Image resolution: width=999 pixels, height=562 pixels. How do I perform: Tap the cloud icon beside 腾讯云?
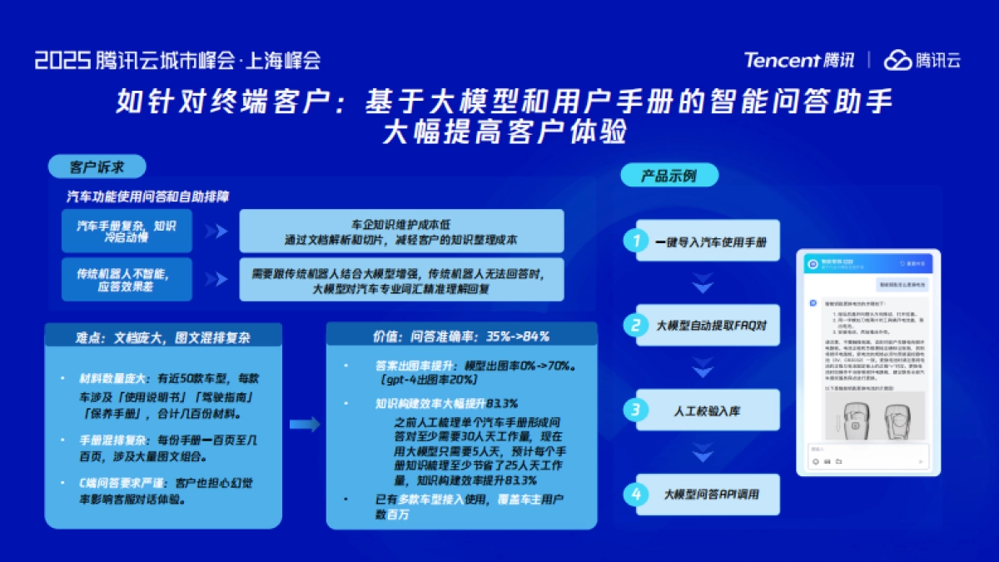point(897,60)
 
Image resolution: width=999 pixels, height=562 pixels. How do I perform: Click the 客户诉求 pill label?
point(97,167)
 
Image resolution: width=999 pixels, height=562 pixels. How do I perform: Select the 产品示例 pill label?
point(668,176)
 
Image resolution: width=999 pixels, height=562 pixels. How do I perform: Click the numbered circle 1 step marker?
point(637,241)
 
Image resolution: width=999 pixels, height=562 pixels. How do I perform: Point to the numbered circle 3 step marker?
point(637,410)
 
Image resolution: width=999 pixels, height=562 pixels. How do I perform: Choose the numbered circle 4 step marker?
point(637,495)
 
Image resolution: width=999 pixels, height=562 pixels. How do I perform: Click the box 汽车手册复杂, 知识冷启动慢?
point(127,231)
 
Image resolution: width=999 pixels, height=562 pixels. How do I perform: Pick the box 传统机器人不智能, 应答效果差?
point(127,279)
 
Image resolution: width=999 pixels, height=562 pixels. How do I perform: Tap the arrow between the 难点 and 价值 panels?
point(305,425)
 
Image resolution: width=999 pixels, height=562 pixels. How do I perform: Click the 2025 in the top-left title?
point(62,60)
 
